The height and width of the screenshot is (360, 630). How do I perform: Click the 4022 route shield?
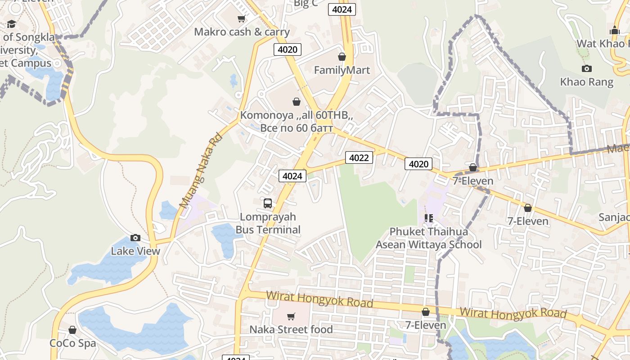[x=359, y=157]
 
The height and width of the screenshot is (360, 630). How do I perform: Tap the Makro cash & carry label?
[x=242, y=32]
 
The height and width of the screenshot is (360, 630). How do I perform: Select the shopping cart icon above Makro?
[x=242, y=18]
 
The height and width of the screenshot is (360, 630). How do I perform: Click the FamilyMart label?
[x=342, y=70]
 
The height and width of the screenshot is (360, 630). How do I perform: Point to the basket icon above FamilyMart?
[x=342, y=57]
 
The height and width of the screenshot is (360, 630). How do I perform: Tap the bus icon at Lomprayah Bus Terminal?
[x=268, y=203]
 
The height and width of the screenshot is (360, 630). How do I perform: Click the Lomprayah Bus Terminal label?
[x=268, y=223]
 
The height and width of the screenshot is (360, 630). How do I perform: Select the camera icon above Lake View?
[x=135, y=238]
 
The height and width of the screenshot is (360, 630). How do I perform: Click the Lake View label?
[x=135, y=251]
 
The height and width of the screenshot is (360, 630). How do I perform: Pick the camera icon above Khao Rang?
[x=586, y=68]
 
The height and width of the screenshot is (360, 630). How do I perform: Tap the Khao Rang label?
[x=586, y=82]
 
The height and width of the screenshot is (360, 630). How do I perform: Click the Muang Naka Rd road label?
[x=200, y=170]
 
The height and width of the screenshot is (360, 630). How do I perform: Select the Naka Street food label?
[x=291, y=329]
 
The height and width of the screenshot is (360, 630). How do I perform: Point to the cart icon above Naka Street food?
[x=291, y=316]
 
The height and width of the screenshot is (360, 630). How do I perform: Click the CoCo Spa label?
[x=72, y=343]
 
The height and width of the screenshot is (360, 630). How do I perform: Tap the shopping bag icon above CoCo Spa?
[x=72, y=330]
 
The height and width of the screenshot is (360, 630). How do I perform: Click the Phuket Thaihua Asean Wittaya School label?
[x=428, y=238]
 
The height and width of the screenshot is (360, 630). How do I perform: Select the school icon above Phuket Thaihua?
[x=428, y=218]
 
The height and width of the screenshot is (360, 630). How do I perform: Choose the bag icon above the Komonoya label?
[x=296, y=102]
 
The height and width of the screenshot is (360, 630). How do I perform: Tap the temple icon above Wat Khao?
[x=614, y=31]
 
